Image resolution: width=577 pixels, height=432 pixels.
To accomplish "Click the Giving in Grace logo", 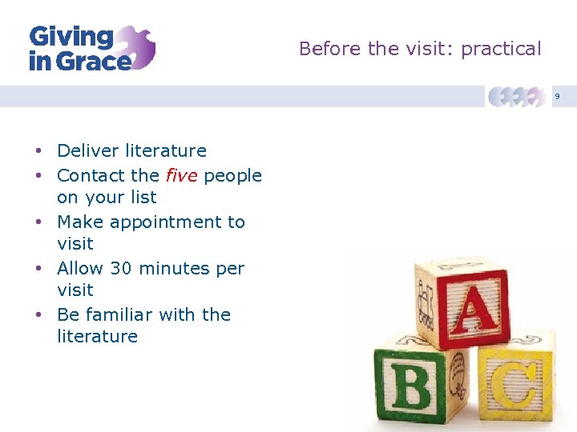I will (x=91, y=48).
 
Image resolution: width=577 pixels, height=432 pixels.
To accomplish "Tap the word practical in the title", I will (x=501, y=49).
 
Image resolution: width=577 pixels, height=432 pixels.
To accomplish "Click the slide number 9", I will (x=558, y=97).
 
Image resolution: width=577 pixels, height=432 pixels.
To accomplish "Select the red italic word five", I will (x=181, y=175).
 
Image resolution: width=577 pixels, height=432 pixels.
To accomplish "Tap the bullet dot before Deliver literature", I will (x=38, y=151).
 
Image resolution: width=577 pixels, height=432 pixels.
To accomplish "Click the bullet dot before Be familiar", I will (x=38, y=315).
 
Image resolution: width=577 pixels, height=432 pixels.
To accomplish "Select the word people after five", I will (x=232, y=175).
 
